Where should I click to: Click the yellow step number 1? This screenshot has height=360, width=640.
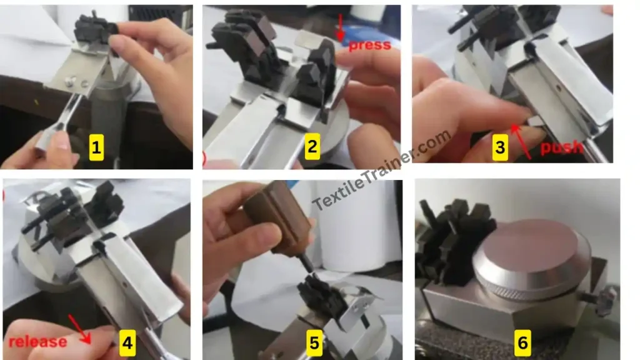pyautogui.click(x=96, y=148)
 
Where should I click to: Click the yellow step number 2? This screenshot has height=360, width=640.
pyautogui.click(x=311, y=148)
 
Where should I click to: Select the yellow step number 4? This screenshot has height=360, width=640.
pyautogui.click(x=127, y=342)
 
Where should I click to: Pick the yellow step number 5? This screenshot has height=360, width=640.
pyautogui.click(x=314, y=342)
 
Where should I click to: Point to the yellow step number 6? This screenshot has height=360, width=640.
pyautogui.click(x=522, y=342)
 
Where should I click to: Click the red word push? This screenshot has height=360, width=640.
pyautogui.click(x=561, y=147)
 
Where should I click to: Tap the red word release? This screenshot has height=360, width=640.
pyautogui.click(x=37, y=341)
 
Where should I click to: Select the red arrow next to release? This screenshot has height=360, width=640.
pyautogui.click(x=82, y=328)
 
